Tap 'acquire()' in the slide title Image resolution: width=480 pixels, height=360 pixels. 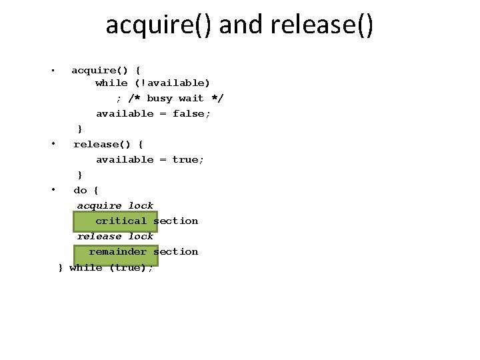(159, 25)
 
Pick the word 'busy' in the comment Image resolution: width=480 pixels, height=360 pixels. (159, 98)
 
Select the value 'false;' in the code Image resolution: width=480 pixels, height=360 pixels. (191, 113)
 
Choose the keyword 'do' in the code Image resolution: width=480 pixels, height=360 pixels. (80, 190)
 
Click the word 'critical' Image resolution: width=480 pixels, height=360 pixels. (121, 221)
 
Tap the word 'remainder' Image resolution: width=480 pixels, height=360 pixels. (117, 251)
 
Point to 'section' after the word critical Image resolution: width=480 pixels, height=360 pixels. (175, 221)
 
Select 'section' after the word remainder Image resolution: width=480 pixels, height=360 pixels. (175, 251)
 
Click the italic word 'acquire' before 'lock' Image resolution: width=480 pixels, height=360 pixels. (99, 205)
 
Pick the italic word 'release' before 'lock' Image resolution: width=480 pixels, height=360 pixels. (99, 236)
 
